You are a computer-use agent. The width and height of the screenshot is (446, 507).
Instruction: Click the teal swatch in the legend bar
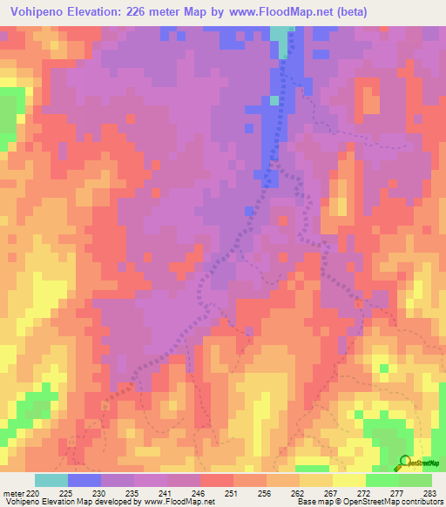[x=51, y=480]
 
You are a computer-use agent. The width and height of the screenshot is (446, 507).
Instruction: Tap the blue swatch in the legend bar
[x=84, y=480]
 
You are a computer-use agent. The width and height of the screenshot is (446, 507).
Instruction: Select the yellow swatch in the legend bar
[x=348, y=480]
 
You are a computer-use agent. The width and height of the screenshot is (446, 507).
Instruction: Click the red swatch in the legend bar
[x=216, y=480]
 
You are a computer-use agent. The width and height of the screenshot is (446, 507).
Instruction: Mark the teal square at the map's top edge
[x=279, y=32]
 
